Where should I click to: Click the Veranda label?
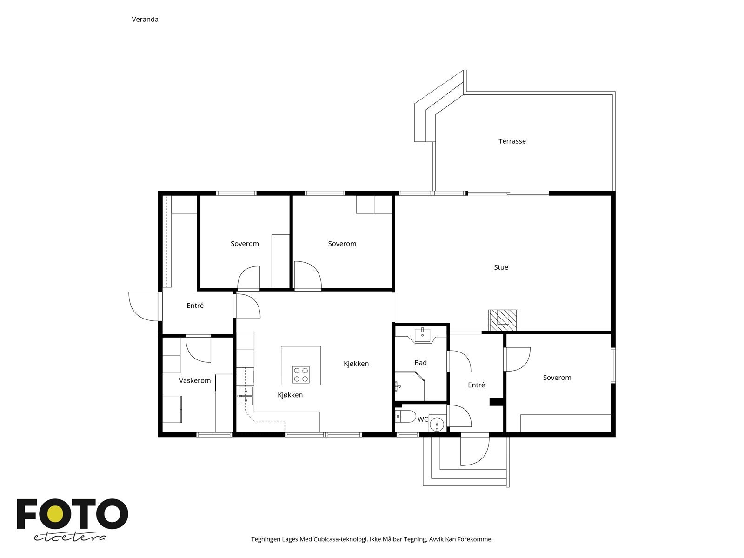click(145, 20)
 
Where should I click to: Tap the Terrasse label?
click(512, 141)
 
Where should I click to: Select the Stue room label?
click(501, 267)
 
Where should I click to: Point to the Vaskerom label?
click(195, 380)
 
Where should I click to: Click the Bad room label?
click(421, 363)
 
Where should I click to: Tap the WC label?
click(423, 419)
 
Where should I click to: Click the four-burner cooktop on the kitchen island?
click(301, 374)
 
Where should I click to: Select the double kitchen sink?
click(246, 396)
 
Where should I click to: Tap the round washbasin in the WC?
click(437, 424)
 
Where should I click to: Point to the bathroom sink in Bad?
click(422, 335)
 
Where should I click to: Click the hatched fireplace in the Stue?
click(503, 320)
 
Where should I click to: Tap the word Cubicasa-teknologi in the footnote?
click(341, 539)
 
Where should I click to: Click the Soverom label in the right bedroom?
click(557, 378)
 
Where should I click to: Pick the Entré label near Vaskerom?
click(195, 306)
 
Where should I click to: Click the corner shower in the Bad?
click(410, 386)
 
